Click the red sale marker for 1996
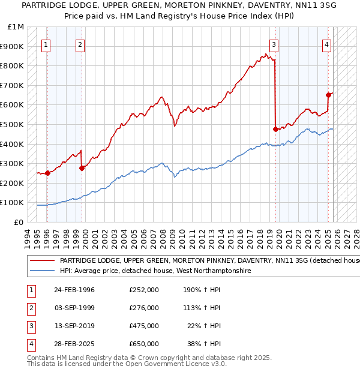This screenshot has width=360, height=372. click(x=47, y=173)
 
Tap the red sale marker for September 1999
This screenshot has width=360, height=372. click(x=82, y=169)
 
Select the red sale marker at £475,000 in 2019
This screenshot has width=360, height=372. click(x=275, y=129)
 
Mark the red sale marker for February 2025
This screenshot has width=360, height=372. click(x=328, y=95)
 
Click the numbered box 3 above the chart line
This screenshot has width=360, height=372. click(x=274, y=44)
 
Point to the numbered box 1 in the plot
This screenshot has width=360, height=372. click(x=46, y=44)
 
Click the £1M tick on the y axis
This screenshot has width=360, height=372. click(x=16, y=27)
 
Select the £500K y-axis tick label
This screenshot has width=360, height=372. click(x=13, y=125)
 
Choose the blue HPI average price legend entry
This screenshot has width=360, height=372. click(x=155, y=271)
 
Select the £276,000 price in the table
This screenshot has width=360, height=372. click(x=144, y=308)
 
